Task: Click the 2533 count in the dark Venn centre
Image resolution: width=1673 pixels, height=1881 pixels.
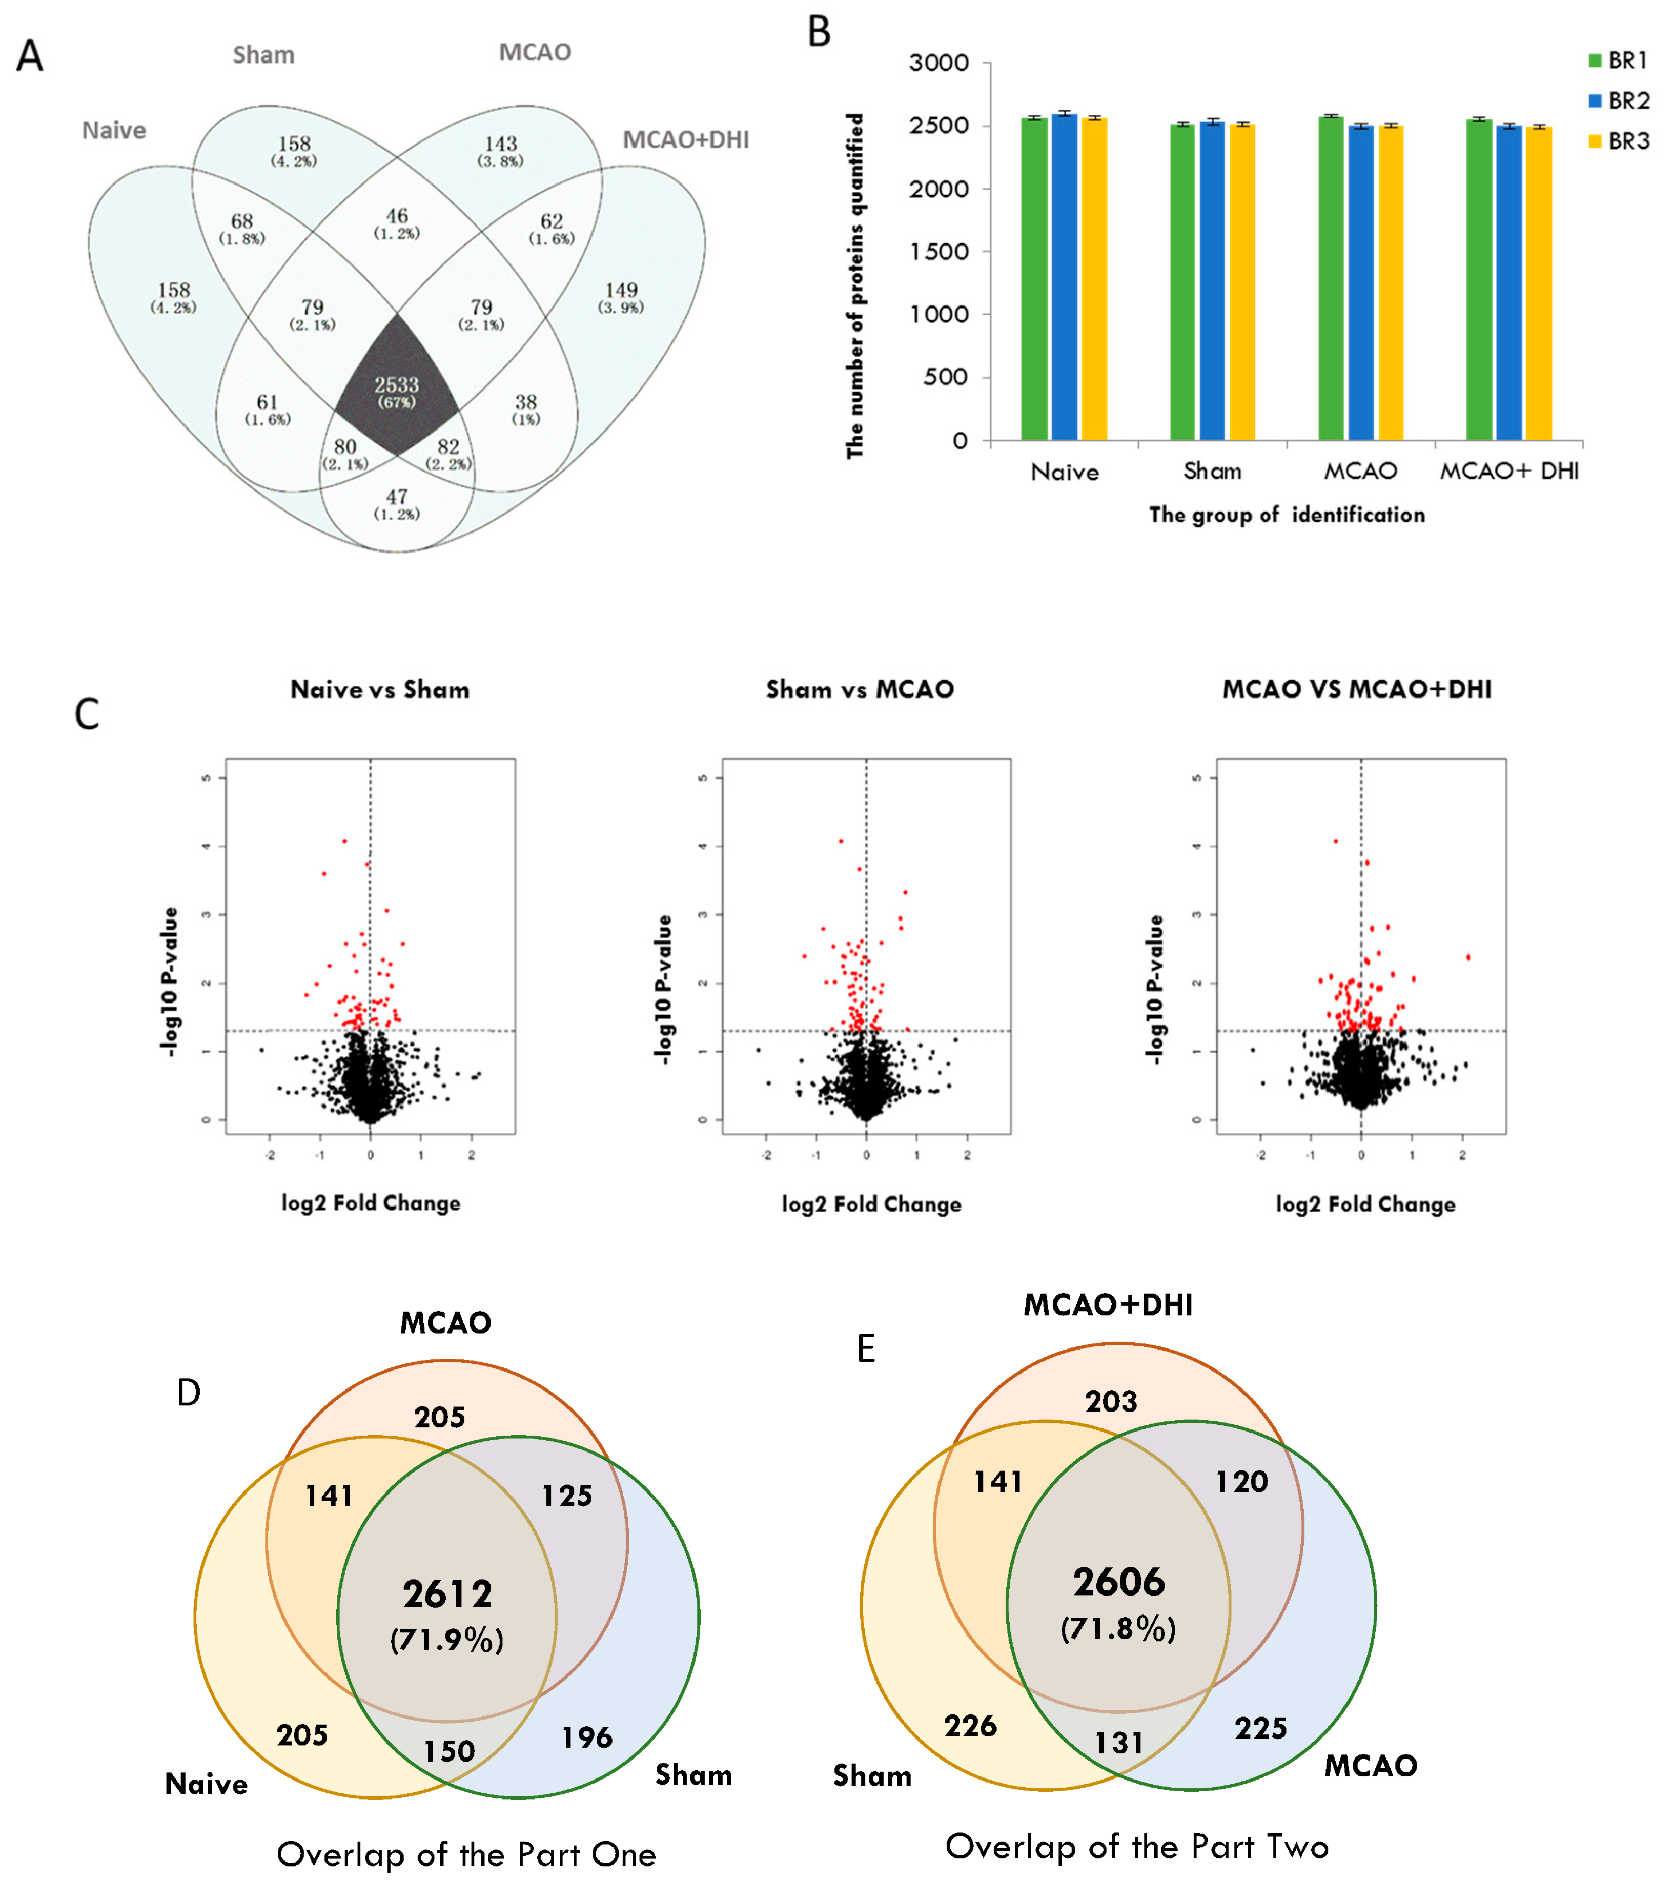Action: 397,385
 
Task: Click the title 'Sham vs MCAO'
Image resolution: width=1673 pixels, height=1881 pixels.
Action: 860,689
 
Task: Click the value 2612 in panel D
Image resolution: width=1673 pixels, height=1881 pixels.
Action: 447,1594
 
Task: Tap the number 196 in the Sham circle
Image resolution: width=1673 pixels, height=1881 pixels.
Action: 587,1737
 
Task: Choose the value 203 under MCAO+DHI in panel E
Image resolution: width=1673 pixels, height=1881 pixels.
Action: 1111,1402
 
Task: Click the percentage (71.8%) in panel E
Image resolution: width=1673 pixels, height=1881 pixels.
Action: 1118,1629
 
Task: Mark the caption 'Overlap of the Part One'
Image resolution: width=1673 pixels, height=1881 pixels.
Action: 466,1854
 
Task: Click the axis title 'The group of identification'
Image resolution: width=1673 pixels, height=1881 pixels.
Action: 1287,515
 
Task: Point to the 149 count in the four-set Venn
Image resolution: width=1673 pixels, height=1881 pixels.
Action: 621,291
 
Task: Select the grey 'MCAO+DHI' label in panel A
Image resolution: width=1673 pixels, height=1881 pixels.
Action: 686,140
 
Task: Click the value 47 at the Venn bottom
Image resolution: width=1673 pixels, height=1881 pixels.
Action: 397,497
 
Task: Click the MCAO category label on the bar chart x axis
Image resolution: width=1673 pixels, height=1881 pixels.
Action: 1360,471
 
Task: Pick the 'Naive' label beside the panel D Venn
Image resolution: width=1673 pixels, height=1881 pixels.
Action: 206,1784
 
